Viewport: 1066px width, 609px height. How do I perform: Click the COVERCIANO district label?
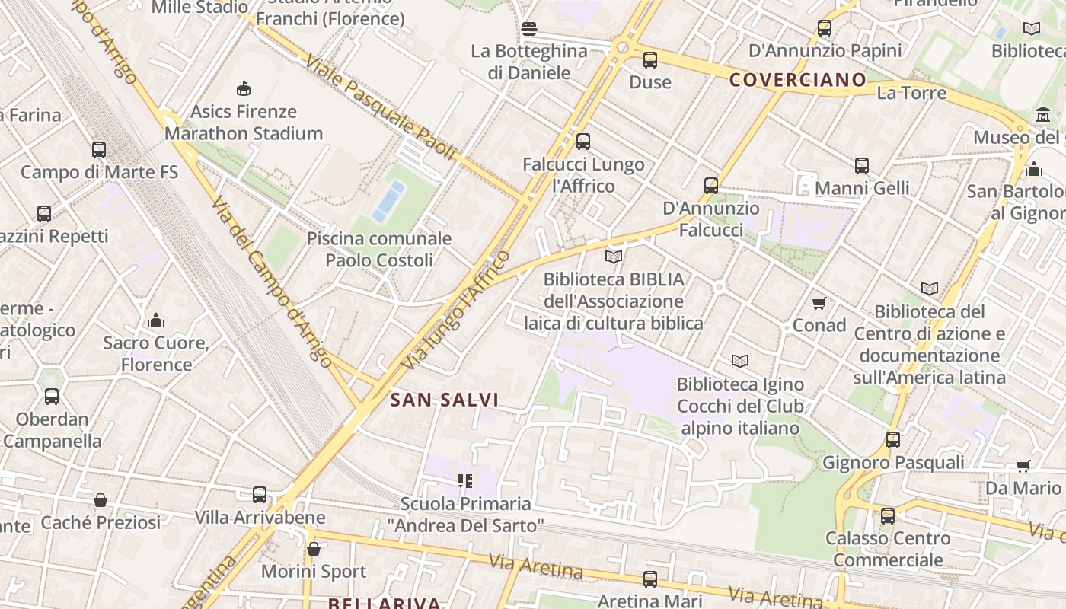797,80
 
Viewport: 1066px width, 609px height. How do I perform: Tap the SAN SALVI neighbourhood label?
444,400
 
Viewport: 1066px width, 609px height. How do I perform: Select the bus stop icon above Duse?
649,59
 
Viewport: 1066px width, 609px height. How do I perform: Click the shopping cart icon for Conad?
819,304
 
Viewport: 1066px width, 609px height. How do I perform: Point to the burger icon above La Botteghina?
529,29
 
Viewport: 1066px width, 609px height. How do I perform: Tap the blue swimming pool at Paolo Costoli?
388,201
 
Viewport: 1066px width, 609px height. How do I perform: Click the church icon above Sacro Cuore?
156,320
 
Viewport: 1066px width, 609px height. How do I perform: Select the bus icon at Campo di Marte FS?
99,150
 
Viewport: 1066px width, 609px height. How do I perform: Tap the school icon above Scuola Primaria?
464,480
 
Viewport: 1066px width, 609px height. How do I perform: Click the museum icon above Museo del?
1042,116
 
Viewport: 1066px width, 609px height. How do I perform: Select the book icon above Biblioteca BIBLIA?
614,257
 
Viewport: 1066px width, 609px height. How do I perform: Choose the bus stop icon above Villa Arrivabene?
260,495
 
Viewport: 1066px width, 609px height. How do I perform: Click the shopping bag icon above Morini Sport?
313,549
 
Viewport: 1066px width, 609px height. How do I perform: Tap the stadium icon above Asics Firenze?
244,89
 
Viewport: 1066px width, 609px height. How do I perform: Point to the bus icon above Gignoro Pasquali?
892,439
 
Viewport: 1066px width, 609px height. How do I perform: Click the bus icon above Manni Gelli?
861,165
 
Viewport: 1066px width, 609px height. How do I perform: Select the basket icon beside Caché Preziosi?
101,500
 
